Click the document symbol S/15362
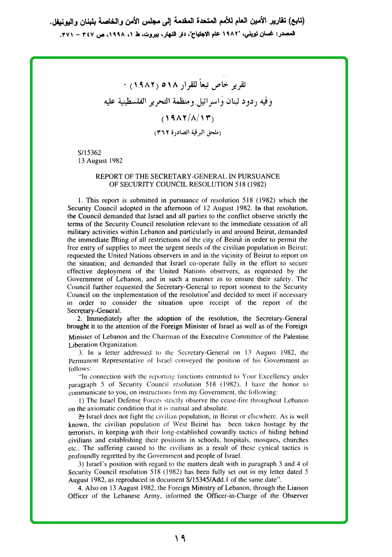click(x=89, y=153)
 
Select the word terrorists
click(x=83, y=432)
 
